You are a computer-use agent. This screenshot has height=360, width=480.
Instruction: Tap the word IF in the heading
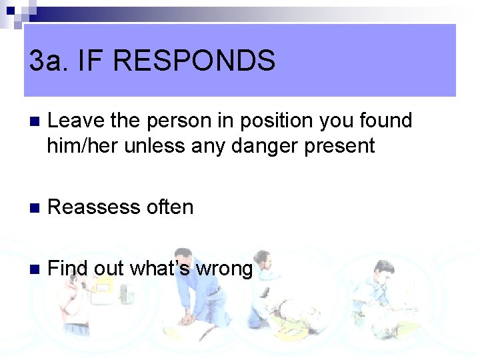[x=91, y=61]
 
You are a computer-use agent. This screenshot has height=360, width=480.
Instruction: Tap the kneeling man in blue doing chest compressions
[x=200, y=293]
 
